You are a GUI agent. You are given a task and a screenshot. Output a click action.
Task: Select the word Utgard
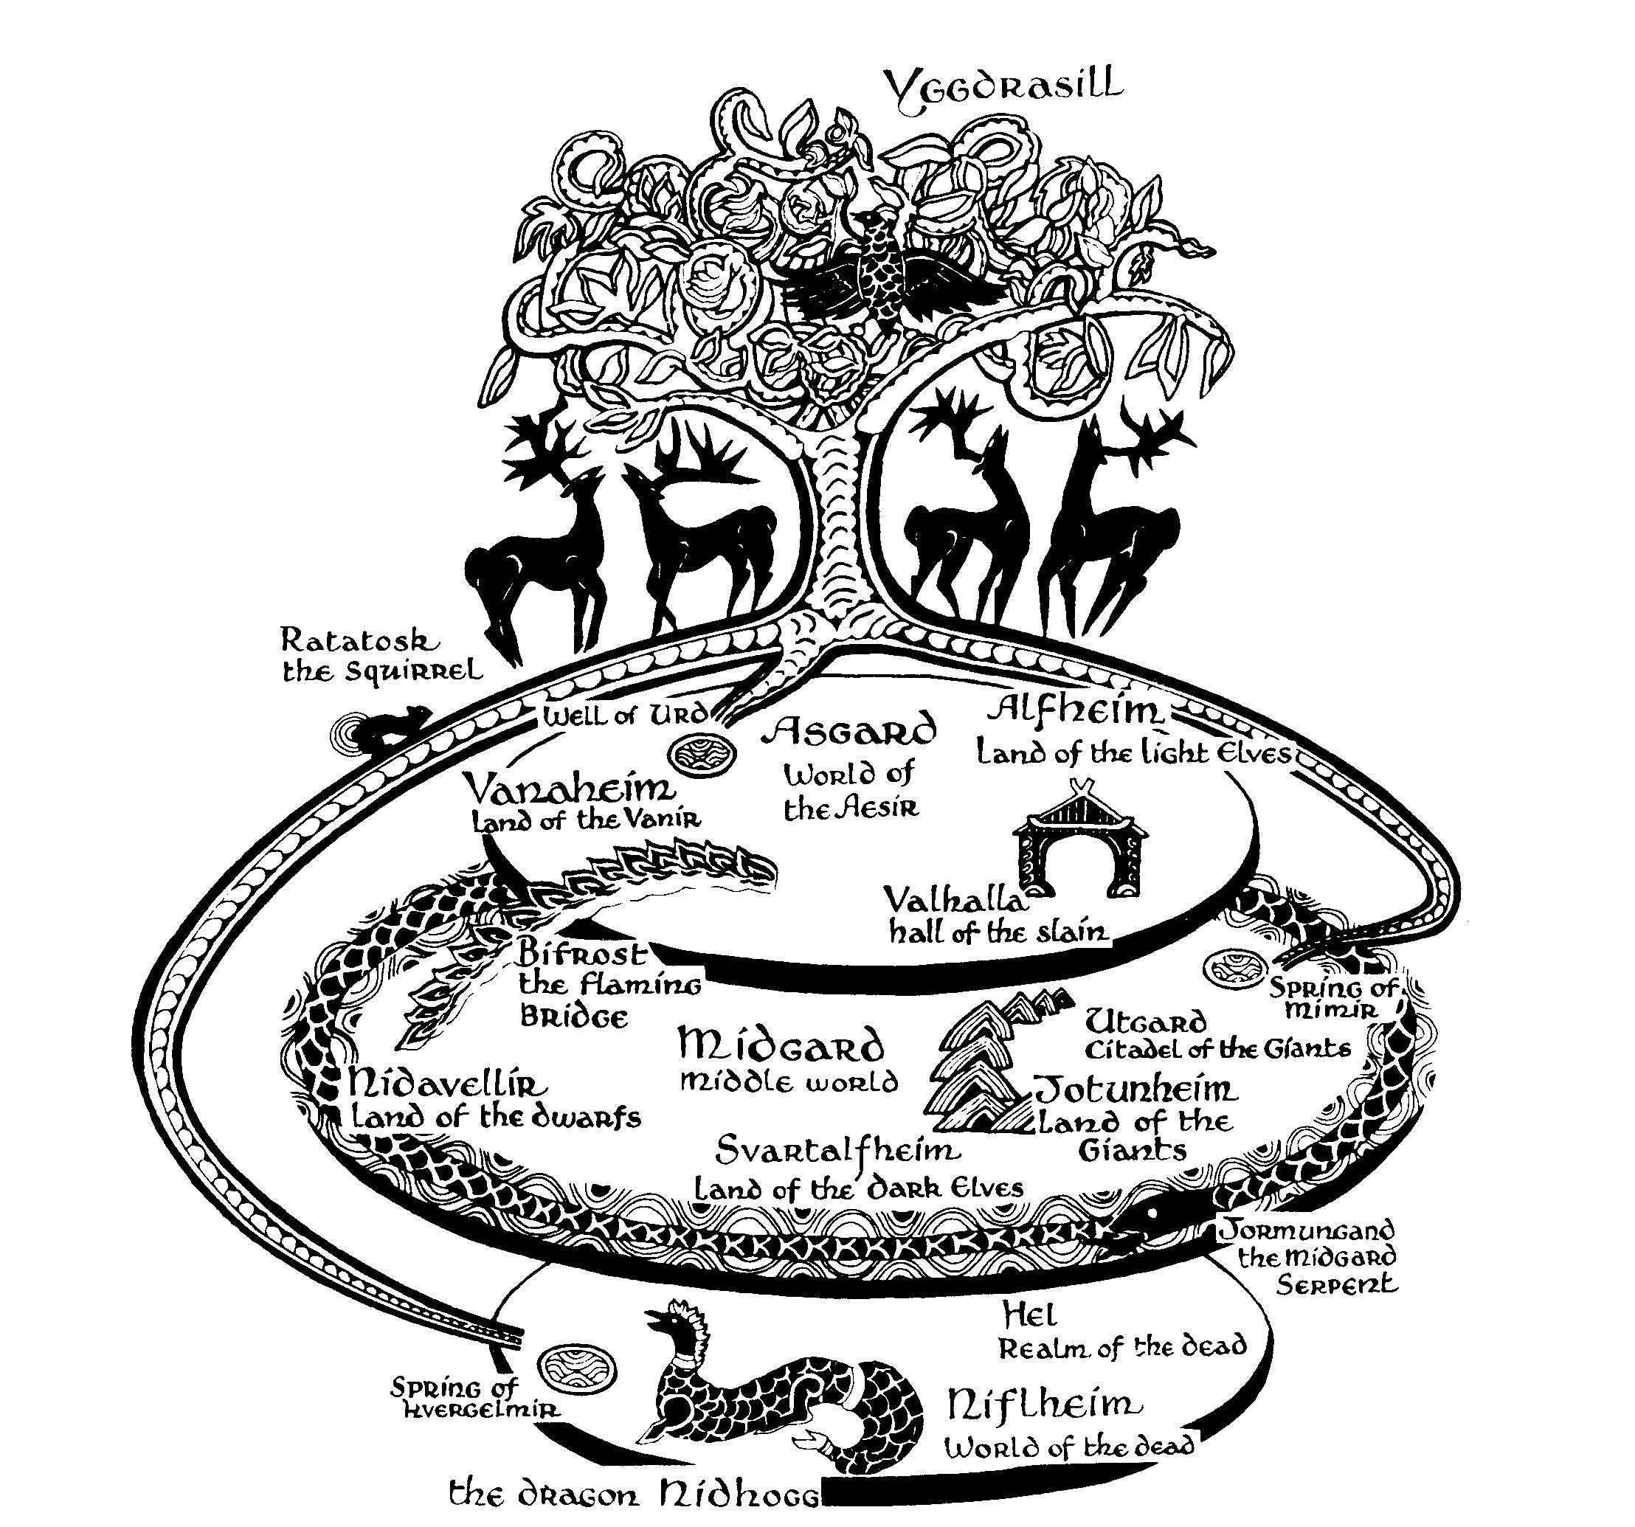1146,1022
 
